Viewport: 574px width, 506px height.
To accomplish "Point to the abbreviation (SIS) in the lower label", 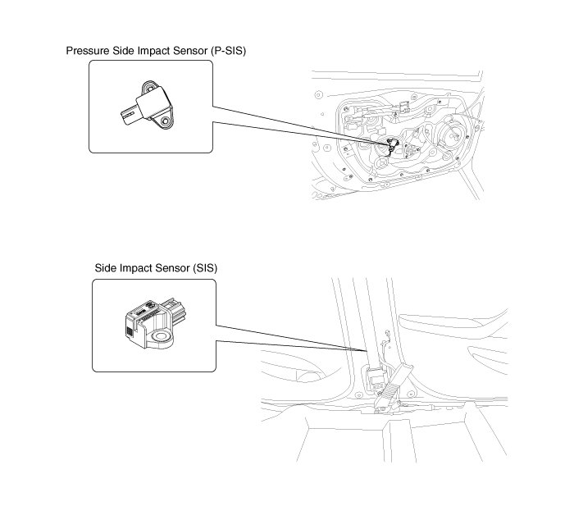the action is pos(204,268).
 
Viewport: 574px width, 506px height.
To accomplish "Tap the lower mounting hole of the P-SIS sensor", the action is pos(167,121).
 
